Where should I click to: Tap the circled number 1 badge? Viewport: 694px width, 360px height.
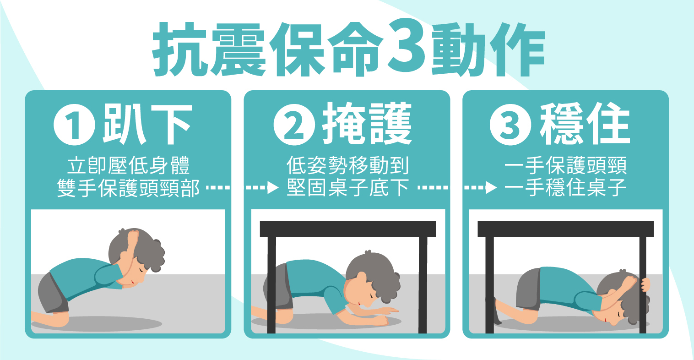coord(74,125)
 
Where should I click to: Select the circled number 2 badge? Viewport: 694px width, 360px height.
coord(294,125)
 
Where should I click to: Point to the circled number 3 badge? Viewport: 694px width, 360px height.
coord(510,125)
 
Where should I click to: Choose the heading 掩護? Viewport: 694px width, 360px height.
coord(367,124)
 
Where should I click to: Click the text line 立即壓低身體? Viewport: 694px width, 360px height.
coord(128,166)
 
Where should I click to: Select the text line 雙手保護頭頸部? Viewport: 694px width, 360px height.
coord(128,188)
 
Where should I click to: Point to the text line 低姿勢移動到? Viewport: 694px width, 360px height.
coord(347,166)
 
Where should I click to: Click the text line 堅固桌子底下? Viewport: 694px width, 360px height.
coord(347,188)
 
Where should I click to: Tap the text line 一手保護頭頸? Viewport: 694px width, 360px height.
coord(566,166)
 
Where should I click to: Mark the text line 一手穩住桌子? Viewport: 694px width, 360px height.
coord(566,188)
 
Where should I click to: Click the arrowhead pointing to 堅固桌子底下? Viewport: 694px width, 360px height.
coord(272,188)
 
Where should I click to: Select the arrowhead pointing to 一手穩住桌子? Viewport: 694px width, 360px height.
coord(491,188)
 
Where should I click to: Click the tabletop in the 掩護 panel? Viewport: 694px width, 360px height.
coord(347,229)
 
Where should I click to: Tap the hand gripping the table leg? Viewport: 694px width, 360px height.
coord(645,284)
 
